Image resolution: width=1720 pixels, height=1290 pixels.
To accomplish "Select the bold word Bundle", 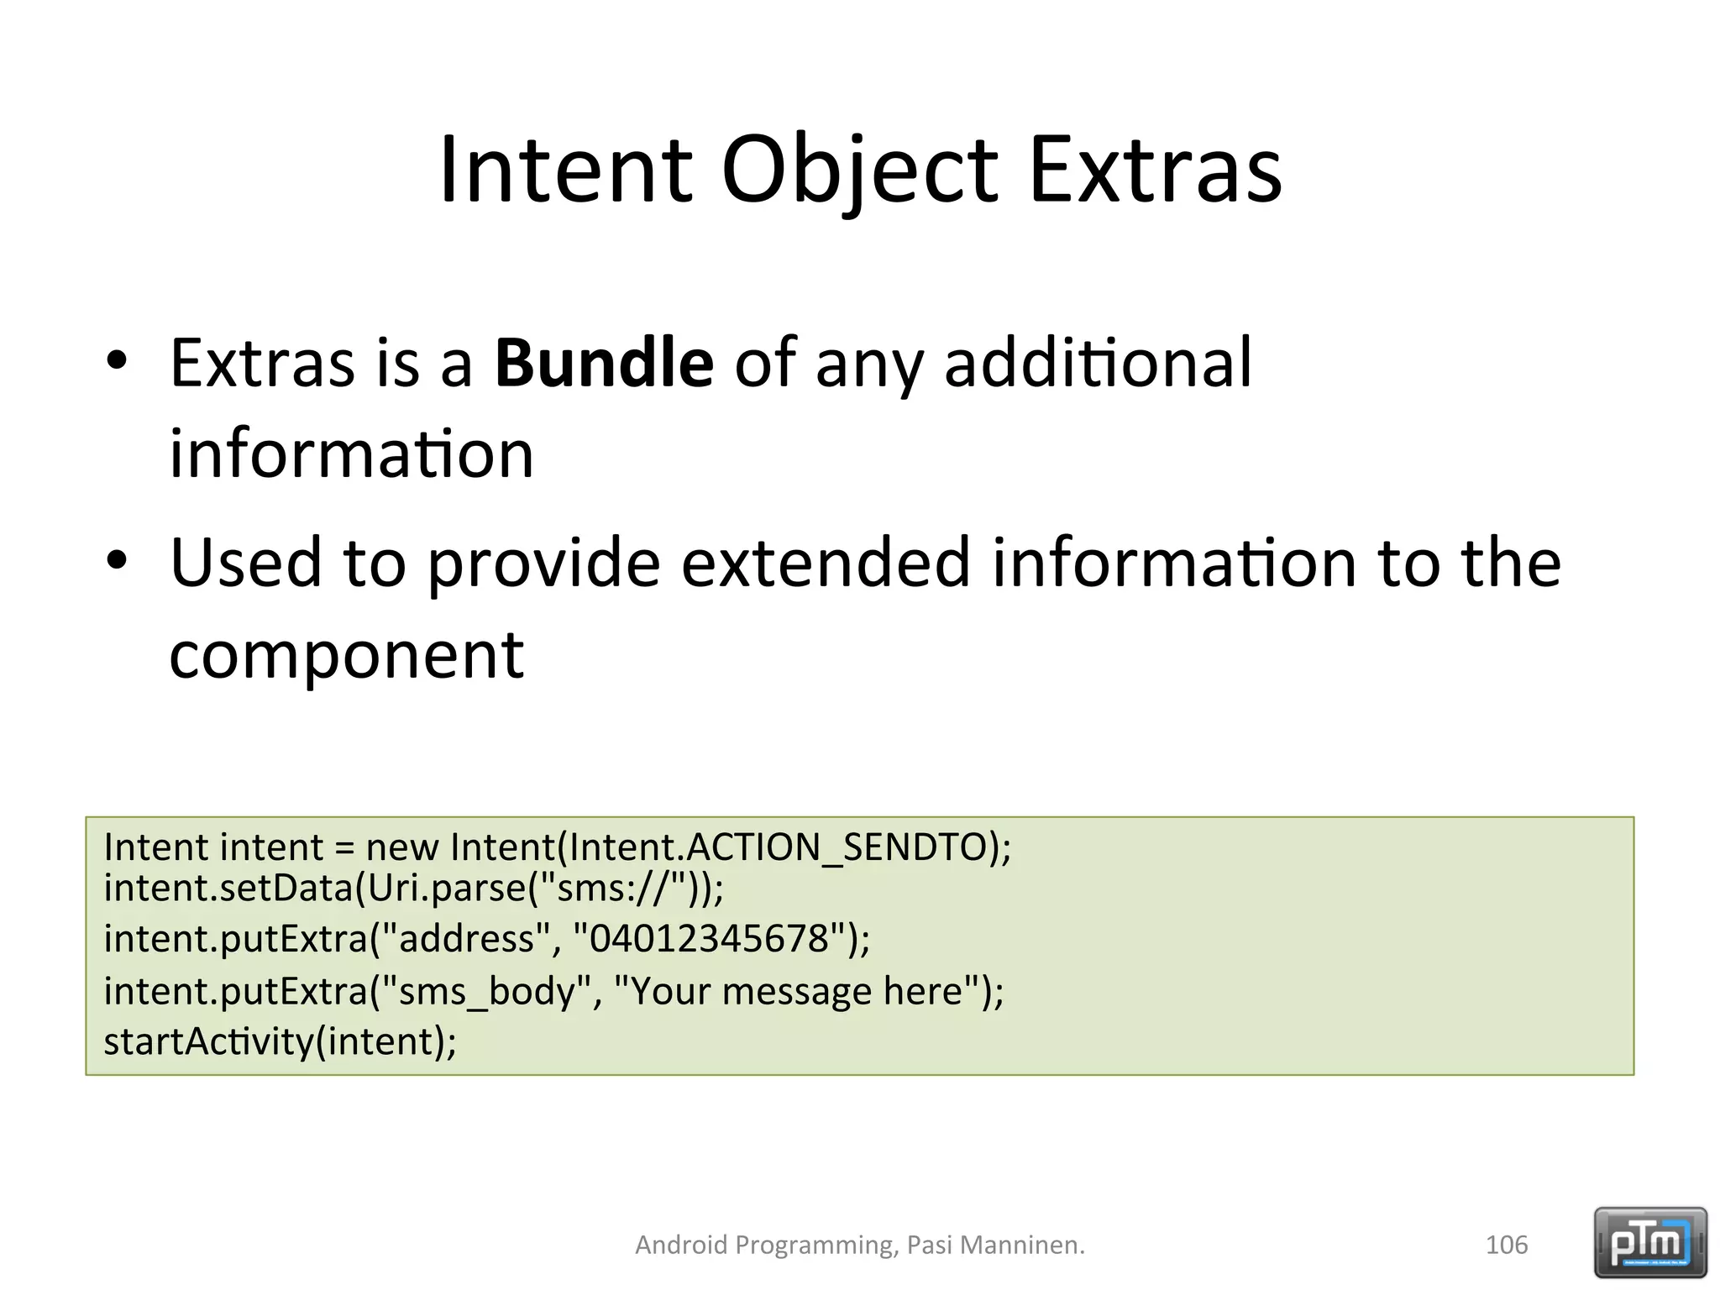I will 604,363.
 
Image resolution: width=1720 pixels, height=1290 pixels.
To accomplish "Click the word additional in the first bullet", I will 1098,363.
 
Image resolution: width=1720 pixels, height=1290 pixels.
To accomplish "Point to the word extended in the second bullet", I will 826,563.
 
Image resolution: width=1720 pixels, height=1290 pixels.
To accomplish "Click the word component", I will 346,655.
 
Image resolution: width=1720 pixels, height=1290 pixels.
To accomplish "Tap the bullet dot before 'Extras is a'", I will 117,361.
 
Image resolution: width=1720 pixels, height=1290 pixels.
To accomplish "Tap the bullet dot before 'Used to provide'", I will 117,560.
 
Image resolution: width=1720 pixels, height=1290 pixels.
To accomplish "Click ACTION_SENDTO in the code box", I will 836,847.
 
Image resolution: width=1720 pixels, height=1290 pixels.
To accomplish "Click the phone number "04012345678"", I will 710,938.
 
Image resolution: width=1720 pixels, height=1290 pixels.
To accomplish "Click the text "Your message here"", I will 798,992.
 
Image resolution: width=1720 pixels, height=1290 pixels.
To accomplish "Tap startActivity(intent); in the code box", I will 280,1042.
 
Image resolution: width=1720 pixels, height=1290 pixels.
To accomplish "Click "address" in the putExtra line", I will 466,938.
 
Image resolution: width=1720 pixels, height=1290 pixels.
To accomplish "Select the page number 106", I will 1506,1245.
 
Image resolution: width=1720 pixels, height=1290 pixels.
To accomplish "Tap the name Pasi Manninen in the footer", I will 994,1245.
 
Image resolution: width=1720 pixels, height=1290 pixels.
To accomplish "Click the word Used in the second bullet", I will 245,563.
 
